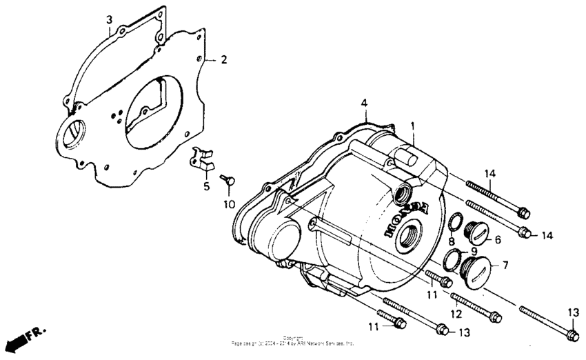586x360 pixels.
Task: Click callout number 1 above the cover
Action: [x=412, y=126]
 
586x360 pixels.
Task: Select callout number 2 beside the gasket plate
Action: [x=223, y=60]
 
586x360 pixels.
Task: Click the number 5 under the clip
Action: [x=205, y=186]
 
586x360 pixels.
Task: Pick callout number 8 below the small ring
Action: [x=452, y=241]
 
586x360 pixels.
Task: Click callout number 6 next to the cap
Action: [x=497, y=239]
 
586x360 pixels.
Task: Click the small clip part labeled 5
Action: [x=203, y=159]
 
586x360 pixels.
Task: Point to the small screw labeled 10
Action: [x=228, y=180]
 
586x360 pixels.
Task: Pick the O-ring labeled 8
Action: [x=456, y=222]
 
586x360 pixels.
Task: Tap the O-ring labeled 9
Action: [x=452, y=260]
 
